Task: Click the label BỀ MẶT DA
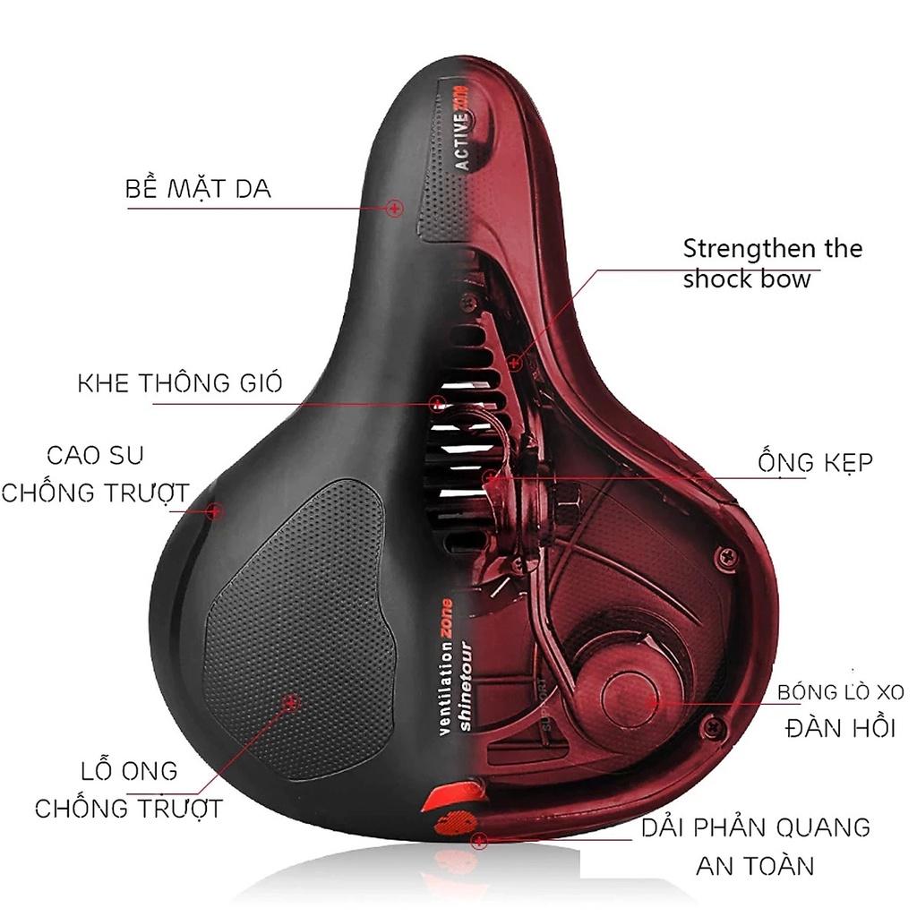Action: (x=198, y=189)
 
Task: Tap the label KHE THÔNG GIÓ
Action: (x=180, y=383)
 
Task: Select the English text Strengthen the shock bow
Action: (x=771, y=263)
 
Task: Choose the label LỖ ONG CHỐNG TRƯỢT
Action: (x=128, y=789)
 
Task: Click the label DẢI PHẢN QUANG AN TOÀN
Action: (x=755, y=844)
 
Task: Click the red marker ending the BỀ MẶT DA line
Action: (x=394, y=209)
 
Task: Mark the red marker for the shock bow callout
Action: (x=514, y=363)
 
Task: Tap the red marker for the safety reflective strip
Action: (x=479, y=841)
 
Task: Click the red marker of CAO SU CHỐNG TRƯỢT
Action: (x=213, y=511)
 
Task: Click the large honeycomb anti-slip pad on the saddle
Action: (x=304, y=627)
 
